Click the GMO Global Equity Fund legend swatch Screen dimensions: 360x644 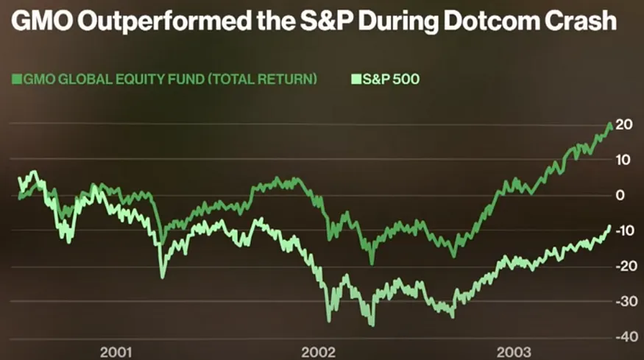click(16, 79)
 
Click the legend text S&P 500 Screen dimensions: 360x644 click(390, 79)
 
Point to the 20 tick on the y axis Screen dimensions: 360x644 click(623, 125)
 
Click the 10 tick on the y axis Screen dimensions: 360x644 click(623, 160)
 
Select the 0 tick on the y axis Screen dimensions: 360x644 click(620, 196)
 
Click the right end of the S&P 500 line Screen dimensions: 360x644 click(609, 227)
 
